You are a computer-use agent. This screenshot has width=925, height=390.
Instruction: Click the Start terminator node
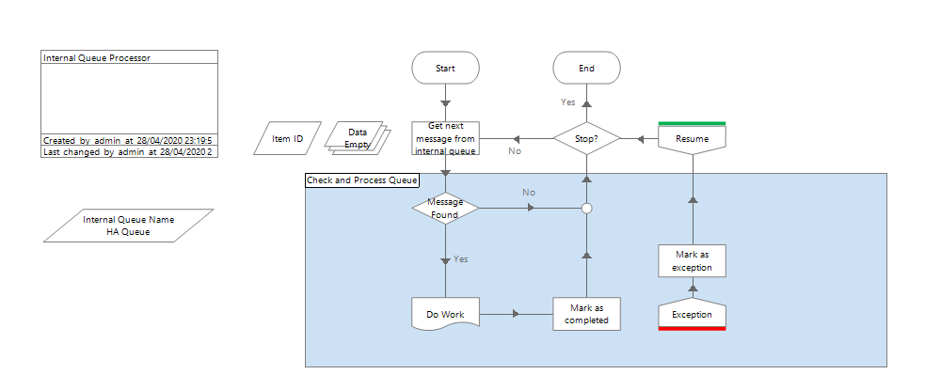tap(445, 69)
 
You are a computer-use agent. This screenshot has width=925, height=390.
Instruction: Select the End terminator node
tap(586, 69)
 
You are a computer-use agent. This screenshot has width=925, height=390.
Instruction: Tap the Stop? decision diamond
tap(586, 139)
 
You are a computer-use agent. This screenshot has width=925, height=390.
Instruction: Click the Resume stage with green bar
tap(693, 139)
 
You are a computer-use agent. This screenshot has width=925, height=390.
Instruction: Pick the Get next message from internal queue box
tap(445, 138)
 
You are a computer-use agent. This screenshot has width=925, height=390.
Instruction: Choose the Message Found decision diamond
tap(445, 209)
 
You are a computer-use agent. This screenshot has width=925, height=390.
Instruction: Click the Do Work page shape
tap(445, 313)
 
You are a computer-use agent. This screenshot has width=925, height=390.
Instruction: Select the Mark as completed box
tap(586, 314)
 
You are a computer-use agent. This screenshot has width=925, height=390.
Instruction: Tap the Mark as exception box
tap(693, 260)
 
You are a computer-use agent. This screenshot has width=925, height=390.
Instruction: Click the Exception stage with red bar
tap(693, 314)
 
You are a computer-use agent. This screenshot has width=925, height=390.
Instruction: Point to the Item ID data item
tap(288, 139)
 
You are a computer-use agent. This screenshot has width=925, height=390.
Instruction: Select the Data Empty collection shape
tap(358, 138)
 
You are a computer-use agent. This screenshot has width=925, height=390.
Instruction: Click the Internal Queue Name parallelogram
tap(128, 226)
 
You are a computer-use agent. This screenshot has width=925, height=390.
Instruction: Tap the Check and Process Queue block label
tap(362, 179)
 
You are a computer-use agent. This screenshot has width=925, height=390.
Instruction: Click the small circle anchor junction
tap(586, 209)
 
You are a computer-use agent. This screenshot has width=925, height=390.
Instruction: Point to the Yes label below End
tap(567, 101)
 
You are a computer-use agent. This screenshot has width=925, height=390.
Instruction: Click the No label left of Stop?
tap(515, 150)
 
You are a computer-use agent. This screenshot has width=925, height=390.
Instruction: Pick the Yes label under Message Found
tap(461, 258)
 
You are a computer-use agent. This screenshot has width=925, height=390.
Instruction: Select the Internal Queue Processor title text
tap(97, 57)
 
